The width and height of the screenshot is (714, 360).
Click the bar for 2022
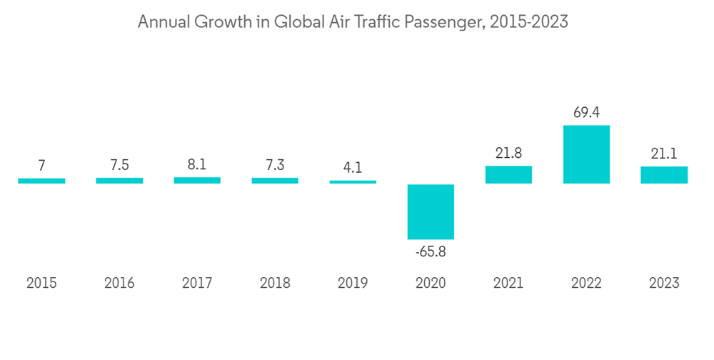click(586, 154)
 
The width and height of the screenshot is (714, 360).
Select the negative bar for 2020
click(431, 211)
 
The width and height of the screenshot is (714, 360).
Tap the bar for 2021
click(508, 175)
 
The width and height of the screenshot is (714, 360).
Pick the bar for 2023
click(664, 175)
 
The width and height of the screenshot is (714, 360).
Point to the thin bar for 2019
click(353, 182)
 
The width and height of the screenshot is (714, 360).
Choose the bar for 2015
click(41, 181)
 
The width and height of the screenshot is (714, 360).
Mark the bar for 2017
click(197, 181)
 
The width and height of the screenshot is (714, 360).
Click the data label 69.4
click(586, 113)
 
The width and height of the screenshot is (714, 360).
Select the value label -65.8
click(431, 251)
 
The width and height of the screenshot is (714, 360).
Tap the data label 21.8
click(508, 154)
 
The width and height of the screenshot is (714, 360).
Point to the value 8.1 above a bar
click(197, 165)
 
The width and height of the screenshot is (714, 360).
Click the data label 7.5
click(119, 166)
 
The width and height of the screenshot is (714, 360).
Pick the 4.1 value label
click(353, 169)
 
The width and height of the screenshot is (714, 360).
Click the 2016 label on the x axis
click(119, 284)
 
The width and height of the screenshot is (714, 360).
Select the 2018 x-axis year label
click(275, 284)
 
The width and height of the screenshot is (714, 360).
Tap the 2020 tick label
click(431, 284)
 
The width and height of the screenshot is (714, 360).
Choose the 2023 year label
click(664, 284)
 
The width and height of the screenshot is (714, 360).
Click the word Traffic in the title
click(373, 22)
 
